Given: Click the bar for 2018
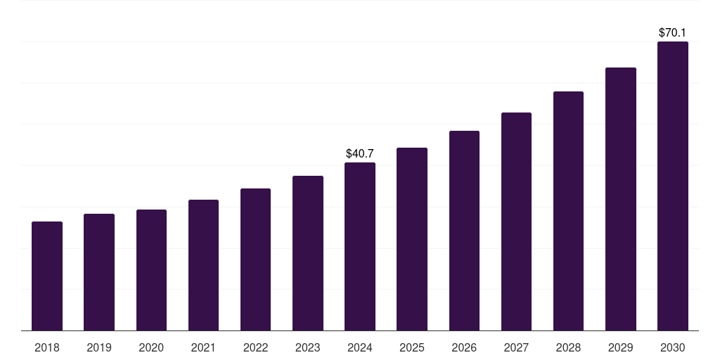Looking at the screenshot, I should point(47,276).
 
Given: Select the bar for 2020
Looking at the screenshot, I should point(151,270).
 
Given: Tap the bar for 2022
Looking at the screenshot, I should point(255,259).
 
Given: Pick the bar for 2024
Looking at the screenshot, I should point(360,247).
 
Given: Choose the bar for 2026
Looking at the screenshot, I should point(464,231).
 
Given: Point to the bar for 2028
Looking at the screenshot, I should point(568,211).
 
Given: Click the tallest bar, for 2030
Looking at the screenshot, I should point(672,186).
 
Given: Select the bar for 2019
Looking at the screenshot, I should point(99,272).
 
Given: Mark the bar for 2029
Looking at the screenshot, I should point(620,199).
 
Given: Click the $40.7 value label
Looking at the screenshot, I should point(360,153).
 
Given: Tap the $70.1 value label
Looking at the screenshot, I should point(672,32).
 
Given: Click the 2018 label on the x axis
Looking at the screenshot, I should point(47,347).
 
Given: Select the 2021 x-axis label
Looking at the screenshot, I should point(203,347).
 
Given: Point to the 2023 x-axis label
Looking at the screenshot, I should point(307,347).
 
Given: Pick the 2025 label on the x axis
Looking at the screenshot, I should point(412,347).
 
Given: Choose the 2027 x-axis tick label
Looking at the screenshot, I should point(516,347).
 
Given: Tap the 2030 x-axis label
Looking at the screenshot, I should point(672,347).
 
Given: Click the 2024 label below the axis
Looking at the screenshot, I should point(360,347).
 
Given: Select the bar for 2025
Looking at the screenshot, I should point(412,239).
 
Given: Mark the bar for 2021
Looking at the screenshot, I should point(203,265).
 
